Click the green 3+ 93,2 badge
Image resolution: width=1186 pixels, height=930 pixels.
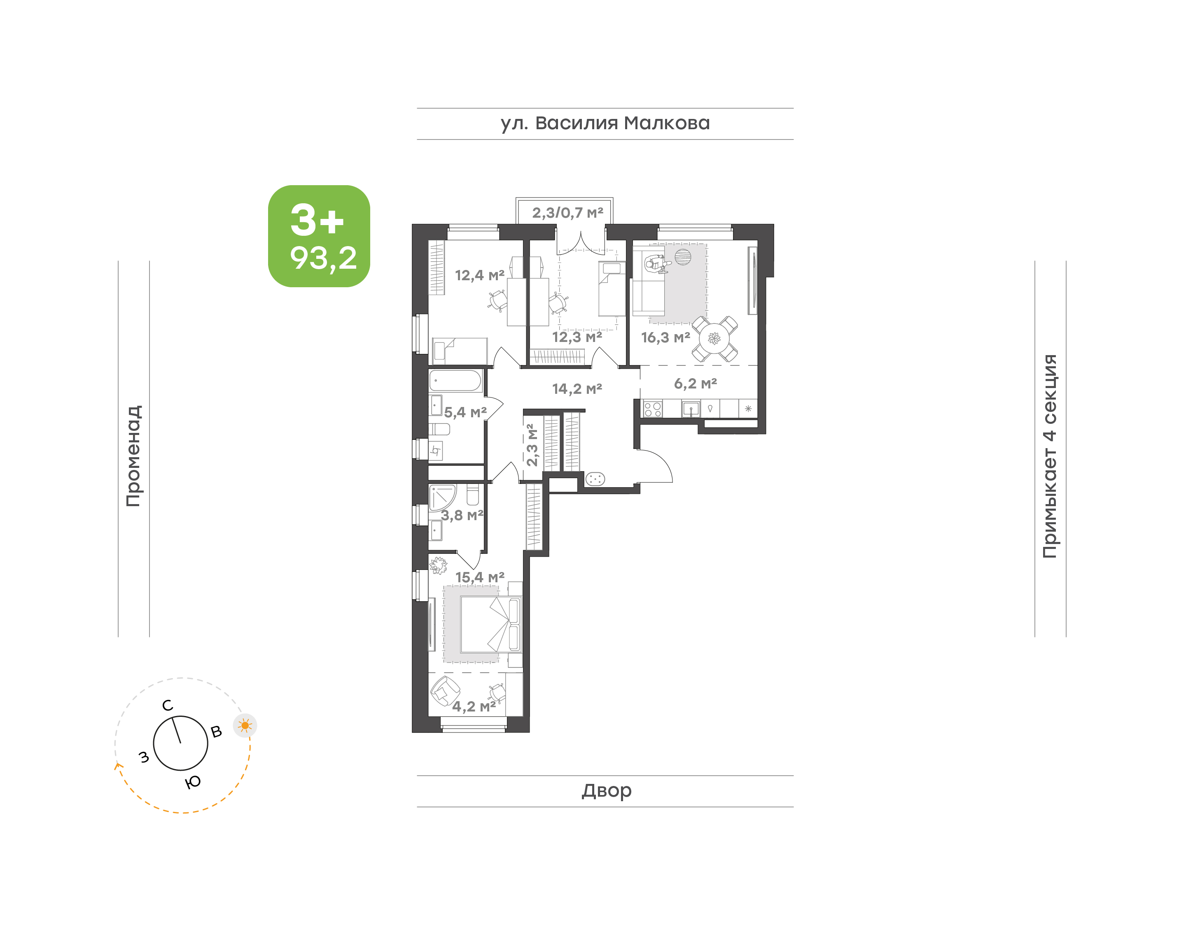(x=319, y=236)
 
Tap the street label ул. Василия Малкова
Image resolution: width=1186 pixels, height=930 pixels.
(x=605, y=123)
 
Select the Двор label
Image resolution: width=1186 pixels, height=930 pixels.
(x=606, y=790)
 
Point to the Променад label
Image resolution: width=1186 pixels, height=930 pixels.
(x=133, y=456)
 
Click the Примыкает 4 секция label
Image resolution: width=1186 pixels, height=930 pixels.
(x=1050, y=456)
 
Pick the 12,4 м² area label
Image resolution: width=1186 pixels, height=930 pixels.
(x=480, y=276)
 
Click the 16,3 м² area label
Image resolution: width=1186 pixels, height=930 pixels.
(x=666, y=337)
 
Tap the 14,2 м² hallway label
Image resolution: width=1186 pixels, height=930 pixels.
(x=577, y=389)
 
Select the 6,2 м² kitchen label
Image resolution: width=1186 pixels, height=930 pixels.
(x=696, y=384)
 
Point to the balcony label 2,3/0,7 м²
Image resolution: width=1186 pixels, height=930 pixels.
(x=567, y=213)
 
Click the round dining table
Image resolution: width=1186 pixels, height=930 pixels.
(x=714, y=339)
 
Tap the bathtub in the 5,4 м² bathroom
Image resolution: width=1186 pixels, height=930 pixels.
(x=455, y=381)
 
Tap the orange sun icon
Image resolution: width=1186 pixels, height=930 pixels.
(x=245, y=725)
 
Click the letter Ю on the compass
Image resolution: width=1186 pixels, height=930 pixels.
(x=193, y=782)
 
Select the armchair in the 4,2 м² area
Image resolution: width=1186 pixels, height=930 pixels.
(x=445, y=691)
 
